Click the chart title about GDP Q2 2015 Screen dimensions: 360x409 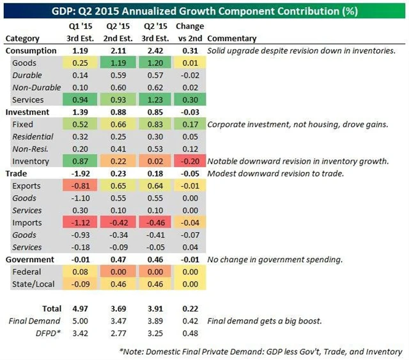click(x=204, y=10)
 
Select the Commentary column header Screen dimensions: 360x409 click(x=232, y=38)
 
